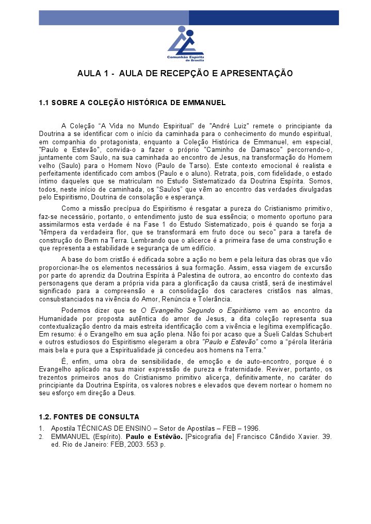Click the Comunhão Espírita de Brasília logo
185,43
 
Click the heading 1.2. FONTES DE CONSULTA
89,417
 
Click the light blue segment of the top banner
114,18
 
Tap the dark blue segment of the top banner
264,18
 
